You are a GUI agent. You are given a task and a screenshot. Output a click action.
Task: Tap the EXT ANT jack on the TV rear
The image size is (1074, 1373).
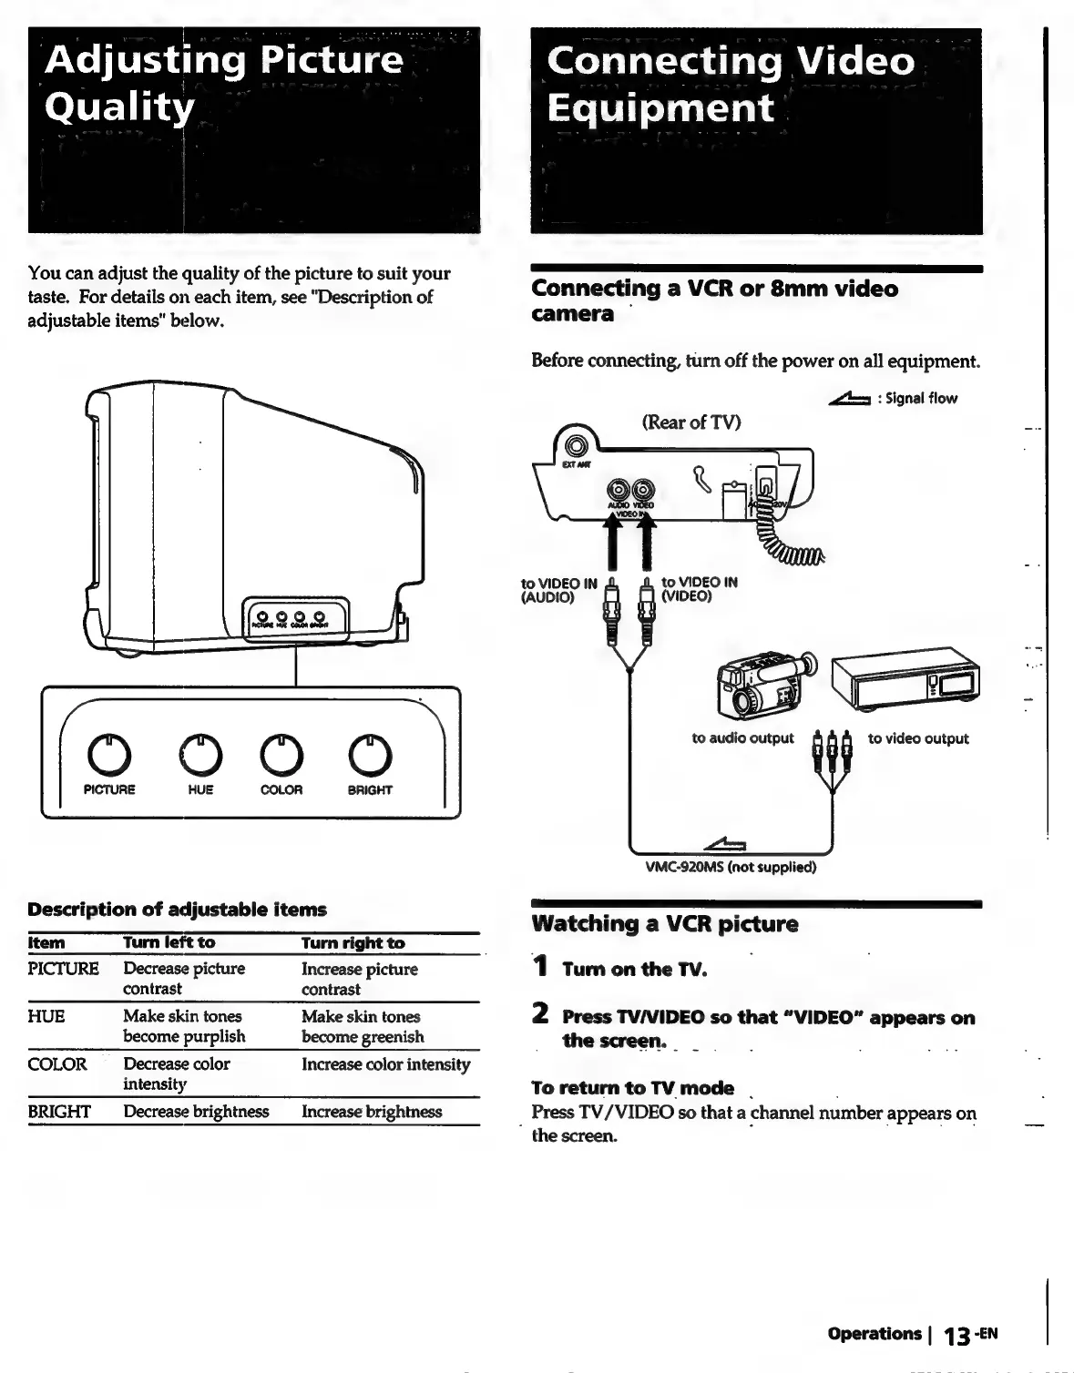pos(576,447)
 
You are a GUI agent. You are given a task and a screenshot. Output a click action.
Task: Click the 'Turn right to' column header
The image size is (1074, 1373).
pos(353,943)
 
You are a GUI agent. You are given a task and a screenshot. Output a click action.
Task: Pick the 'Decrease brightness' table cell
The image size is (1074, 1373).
pos(196,1112)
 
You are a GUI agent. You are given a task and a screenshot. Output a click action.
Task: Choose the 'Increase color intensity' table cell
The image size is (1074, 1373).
pos(385,1064)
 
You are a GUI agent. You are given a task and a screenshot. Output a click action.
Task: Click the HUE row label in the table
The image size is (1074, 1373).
pos(46,1016)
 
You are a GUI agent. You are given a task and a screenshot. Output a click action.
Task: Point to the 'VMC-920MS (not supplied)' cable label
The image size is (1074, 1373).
pos(731,867)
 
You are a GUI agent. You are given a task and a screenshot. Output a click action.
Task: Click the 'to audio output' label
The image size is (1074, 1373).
pos(742,738)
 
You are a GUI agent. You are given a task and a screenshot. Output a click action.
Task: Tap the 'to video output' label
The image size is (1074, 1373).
pos(917,738)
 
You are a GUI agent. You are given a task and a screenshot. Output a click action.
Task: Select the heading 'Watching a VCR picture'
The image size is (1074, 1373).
pos(664,924)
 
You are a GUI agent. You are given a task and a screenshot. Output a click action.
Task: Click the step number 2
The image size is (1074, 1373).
pos(540,1014)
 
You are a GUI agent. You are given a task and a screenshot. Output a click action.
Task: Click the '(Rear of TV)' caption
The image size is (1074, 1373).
pos(691,422)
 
